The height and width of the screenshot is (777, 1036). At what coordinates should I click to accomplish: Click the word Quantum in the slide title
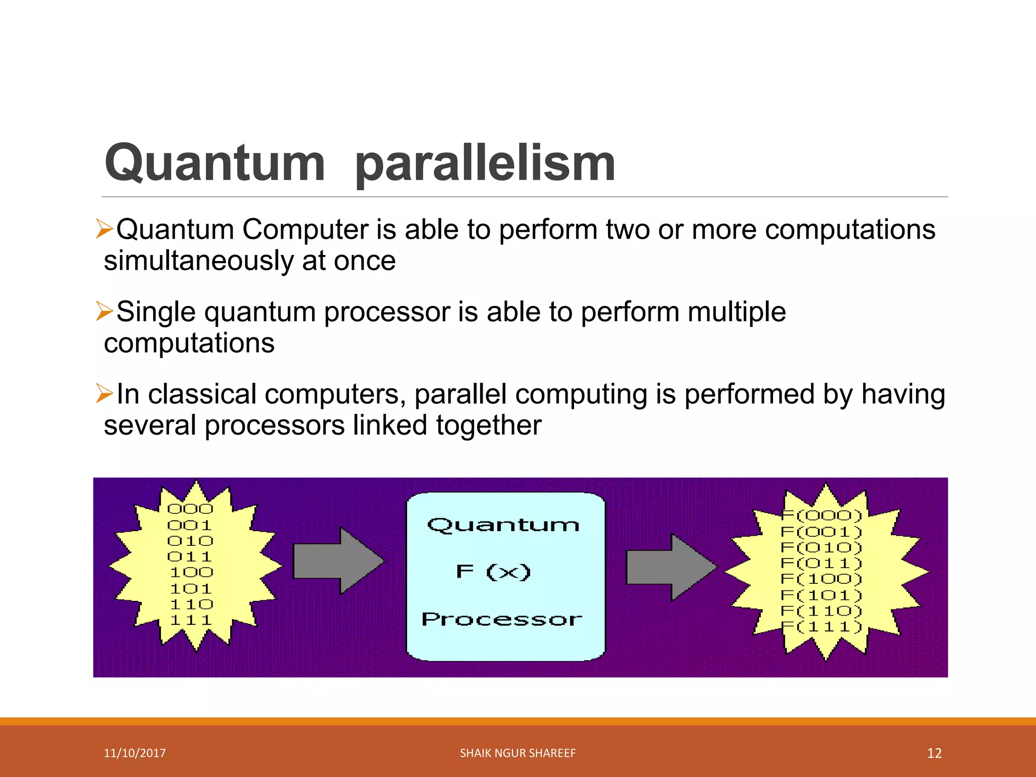click(x=214, y=163)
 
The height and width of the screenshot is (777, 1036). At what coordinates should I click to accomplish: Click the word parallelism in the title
click(x=485, y=163)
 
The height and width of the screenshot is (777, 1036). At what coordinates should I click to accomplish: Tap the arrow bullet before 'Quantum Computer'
click(x=104, y=229)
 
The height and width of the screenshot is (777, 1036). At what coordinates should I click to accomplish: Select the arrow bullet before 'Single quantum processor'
click(x=104, y=311)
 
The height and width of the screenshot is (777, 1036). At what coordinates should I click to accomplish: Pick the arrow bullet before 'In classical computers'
click(x=104, y=394)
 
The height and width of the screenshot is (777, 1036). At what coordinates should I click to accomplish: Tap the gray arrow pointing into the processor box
click(x=338, y=560)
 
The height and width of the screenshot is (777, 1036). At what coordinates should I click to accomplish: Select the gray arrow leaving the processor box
click(x=671, y=567)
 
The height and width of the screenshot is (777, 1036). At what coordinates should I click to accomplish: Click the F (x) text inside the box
click(x=493, y=572)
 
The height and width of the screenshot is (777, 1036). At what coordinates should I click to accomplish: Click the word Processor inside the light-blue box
click(x=502, y=619)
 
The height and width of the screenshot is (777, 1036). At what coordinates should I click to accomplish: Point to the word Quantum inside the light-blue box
click(x=503, y=525)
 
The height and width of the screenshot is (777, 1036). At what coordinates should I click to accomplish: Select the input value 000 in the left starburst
click(x=190, y=509)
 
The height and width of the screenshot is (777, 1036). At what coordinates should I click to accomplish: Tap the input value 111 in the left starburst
click(x=190, y=620)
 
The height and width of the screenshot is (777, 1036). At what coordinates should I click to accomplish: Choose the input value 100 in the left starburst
click(x=191, y=573)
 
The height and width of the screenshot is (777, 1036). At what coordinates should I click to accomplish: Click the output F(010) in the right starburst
click(x=821, y=547)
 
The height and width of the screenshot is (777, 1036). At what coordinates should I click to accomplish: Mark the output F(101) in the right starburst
click(x=821, y=595)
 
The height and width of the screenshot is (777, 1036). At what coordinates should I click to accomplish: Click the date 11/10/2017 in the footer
click(x=135, y=753)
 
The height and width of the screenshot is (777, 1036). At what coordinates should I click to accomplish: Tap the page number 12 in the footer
click(x=934, y=753)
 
